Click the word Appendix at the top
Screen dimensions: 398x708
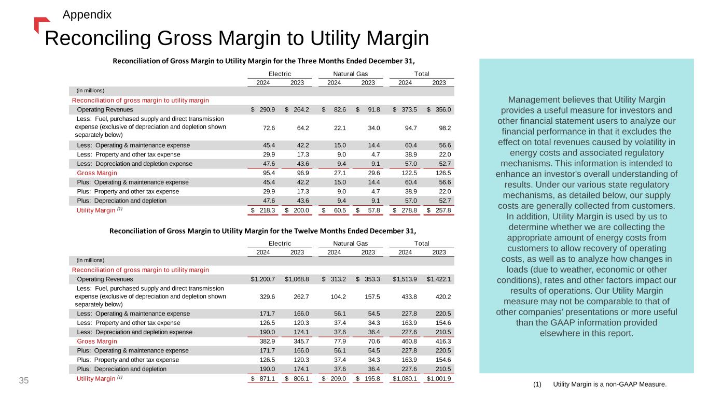(x=87, y=15)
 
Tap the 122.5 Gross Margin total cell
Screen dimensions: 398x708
(x=408, y=173)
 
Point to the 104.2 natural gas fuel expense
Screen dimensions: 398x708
(x=338, y=297)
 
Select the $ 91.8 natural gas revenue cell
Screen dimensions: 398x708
(x=369, y=110)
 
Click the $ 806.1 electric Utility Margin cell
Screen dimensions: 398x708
(x=298, y=379)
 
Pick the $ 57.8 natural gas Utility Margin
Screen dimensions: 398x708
(x=369, y=210)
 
